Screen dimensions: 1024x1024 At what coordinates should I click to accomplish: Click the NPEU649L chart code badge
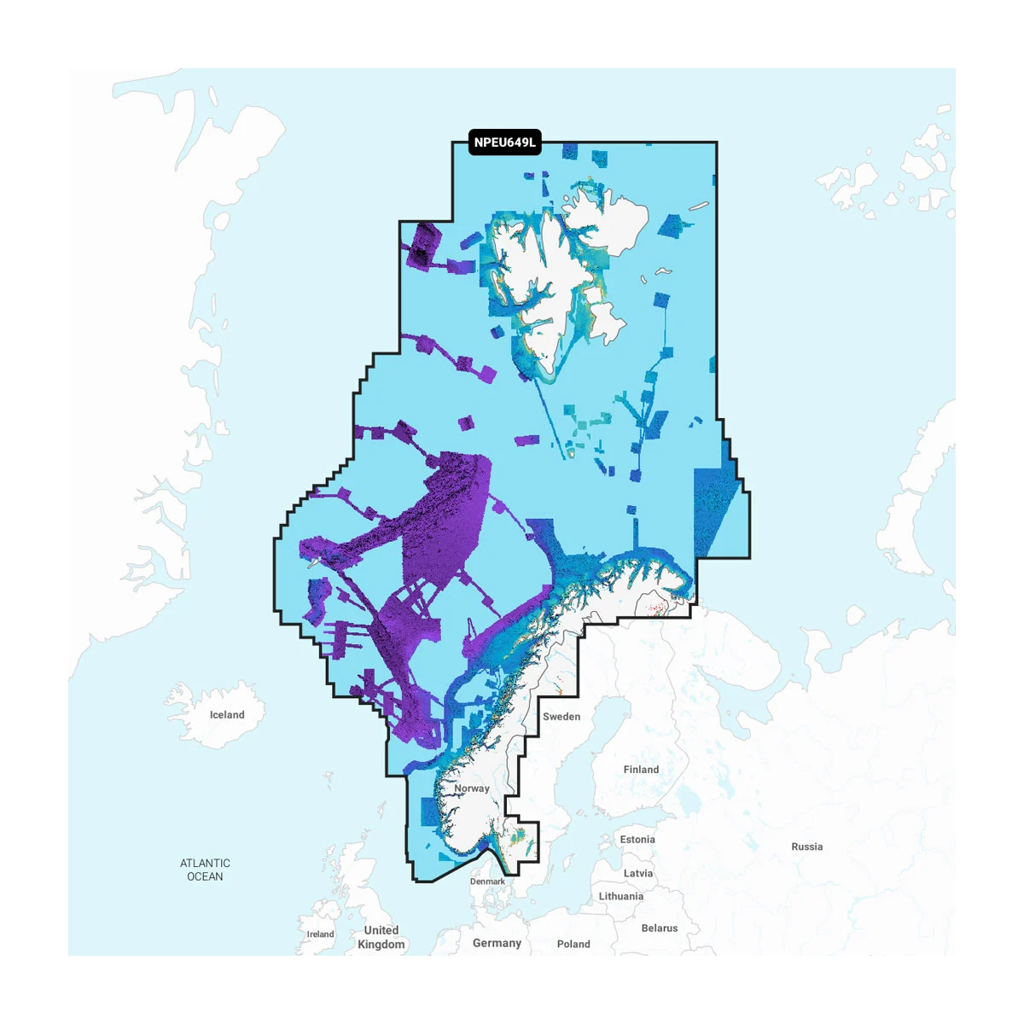505,143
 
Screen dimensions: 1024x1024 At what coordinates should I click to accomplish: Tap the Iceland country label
227,715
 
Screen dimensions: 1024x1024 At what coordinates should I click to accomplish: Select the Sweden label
561,717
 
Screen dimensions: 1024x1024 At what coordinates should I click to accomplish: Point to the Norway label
472,788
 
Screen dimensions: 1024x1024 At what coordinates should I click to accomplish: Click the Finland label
641,770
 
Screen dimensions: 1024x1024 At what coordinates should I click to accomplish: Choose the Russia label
806,847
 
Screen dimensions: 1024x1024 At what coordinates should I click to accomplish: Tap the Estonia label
637,840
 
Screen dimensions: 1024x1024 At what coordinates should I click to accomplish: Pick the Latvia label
638,873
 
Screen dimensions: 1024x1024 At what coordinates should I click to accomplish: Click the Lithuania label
621,896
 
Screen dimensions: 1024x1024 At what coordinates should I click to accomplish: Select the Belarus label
660,928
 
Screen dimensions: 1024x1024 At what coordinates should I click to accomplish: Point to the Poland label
573,944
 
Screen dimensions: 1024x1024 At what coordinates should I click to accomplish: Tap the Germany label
497,943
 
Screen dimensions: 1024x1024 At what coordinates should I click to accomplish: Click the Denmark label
487,881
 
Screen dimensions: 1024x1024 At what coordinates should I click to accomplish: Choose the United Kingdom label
381,937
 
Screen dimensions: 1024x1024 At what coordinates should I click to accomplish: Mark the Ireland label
321,934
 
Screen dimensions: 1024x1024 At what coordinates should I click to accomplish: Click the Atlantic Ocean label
205,870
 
